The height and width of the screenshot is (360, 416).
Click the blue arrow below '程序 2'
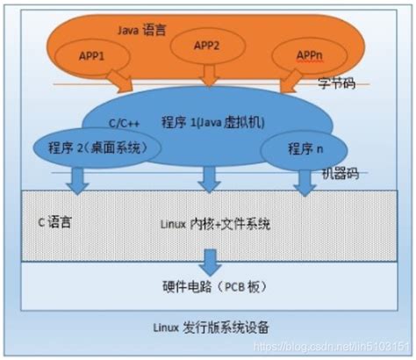(76, 180)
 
